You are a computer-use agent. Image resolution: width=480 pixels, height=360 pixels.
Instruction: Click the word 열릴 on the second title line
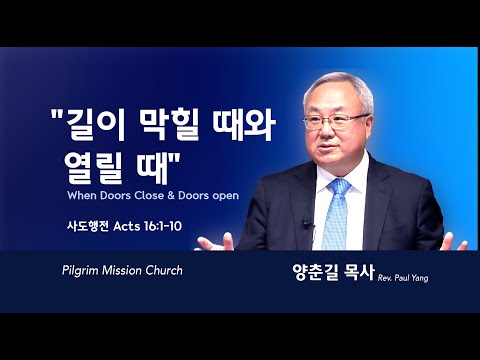(x=93, y=167)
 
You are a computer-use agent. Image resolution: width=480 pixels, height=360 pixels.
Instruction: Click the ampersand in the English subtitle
(x=171, y=195)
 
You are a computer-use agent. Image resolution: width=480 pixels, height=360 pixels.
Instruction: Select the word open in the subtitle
(x=226, y=196)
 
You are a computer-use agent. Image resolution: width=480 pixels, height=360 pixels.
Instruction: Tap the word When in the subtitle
(x=82, y=195)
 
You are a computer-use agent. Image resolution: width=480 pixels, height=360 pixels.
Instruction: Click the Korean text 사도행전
(x=88, y=226)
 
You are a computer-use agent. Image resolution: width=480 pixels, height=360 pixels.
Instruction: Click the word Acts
(x=127, y=226)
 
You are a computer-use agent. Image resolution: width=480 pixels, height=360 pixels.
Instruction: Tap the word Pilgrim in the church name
(x=81, y=271)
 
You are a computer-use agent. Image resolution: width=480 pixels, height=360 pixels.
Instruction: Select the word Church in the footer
(x=164, y=270)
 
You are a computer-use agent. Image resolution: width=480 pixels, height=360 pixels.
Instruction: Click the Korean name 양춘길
(x=315, y=272)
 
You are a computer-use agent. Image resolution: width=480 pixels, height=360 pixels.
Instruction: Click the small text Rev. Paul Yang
(x=403, y=278)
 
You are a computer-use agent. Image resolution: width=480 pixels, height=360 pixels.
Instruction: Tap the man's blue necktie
(x=336, y=214)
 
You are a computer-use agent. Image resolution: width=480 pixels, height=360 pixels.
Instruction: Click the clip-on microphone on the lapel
(x=307, y=223)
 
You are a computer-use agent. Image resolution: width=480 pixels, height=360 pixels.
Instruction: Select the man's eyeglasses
(x=335, y=121)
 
